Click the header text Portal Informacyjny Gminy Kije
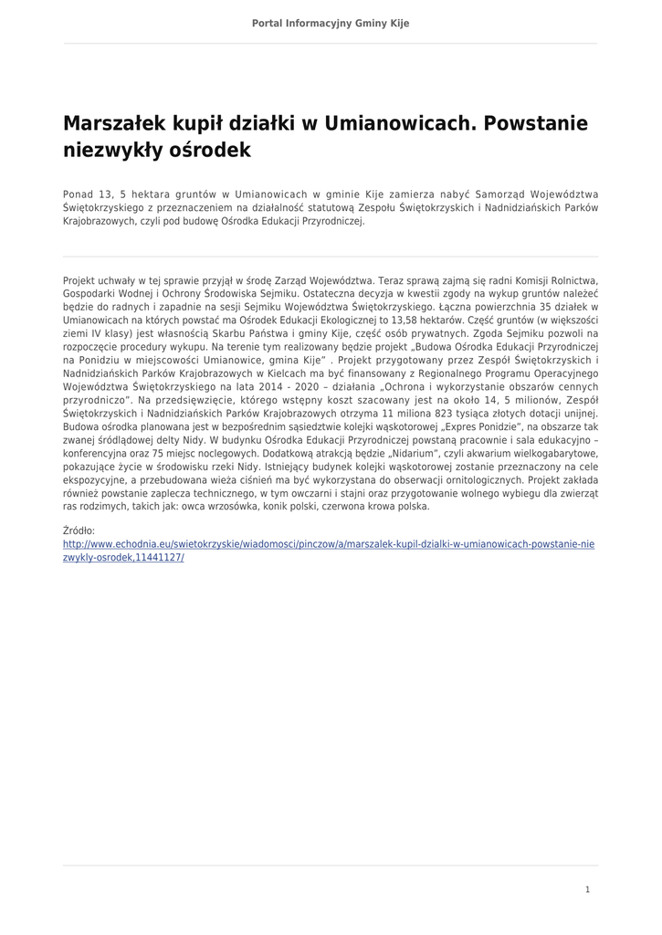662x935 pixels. pyautogui.click(x=331, y=23)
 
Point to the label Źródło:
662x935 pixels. pyautogui.click(x=79, y=531)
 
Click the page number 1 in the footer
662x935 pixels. pyautogui.click(x=587, y=889)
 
